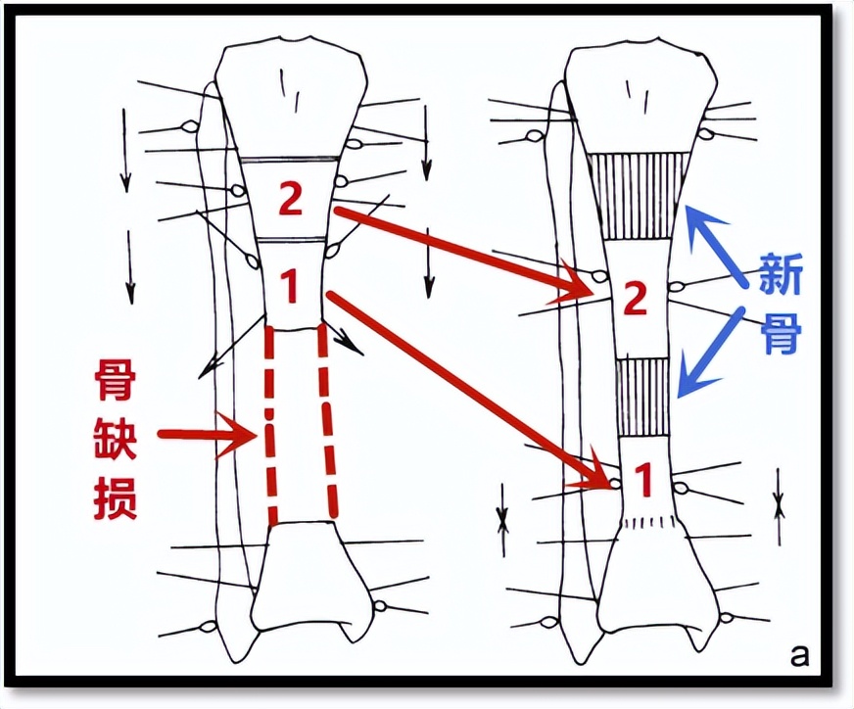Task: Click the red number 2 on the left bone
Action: pyautogui.click(x=291, y=199)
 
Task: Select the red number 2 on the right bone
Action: pyautogui.click(x=635, y=299)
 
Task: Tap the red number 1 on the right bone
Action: pyautogui.click(x=643, y=481)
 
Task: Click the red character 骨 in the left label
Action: pyautogui.click(x=115, y=378)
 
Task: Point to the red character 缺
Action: pyautogui.click(x=115, y=441)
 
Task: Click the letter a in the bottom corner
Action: pyautogui.click(x=800, y=652)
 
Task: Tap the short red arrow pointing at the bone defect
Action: pyautogui.click(x=206, y=432)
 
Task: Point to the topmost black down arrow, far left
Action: pyautogui.click(x=125, y=147)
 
